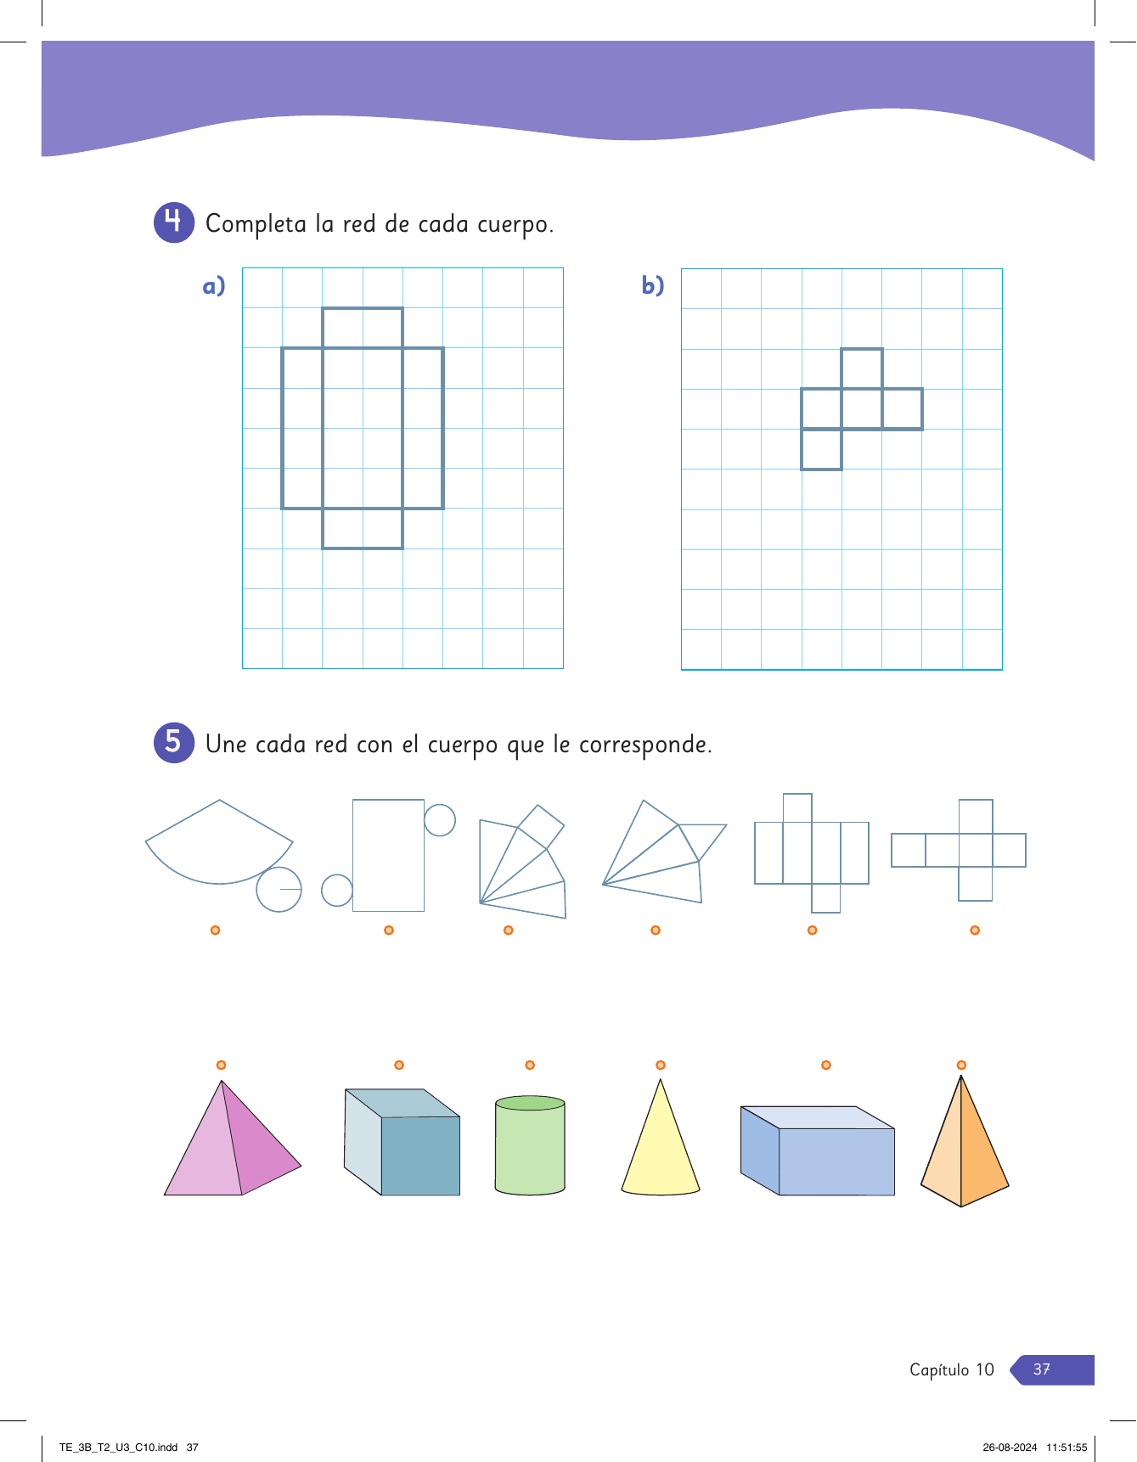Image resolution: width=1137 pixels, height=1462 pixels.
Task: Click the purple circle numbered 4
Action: (174, 222)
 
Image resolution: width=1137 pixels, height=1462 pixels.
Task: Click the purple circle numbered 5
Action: (174, 742)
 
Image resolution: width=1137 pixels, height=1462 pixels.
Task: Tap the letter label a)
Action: (214, 285)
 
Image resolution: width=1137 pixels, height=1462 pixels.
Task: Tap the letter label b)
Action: (653, 285)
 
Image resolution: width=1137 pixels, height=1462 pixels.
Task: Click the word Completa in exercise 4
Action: (256, 224)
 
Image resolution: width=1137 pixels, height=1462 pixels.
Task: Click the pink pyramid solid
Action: (233, 1138)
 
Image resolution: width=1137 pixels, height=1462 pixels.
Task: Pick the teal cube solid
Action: (402, 1142)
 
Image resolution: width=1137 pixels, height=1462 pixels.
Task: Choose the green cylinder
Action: (530, 1145)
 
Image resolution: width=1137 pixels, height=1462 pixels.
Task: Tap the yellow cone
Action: (661, 1139)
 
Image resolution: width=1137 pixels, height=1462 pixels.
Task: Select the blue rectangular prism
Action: (818, 1150)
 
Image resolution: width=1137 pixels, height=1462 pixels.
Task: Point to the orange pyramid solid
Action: (965, 1141)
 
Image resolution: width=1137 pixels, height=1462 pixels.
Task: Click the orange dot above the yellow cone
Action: (661, 1065)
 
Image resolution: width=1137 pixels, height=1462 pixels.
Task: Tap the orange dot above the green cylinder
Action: (530, 1065)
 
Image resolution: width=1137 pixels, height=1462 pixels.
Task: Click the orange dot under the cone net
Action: (216, 931)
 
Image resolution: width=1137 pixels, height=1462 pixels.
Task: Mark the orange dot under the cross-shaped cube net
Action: (975, 931)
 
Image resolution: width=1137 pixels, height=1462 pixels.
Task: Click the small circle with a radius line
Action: (256, 889)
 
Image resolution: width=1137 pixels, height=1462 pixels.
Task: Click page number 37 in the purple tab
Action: (1042, 1369)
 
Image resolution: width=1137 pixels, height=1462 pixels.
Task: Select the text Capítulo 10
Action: (952, 1369)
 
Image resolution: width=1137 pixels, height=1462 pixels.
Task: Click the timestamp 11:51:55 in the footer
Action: (1067, 1448)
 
